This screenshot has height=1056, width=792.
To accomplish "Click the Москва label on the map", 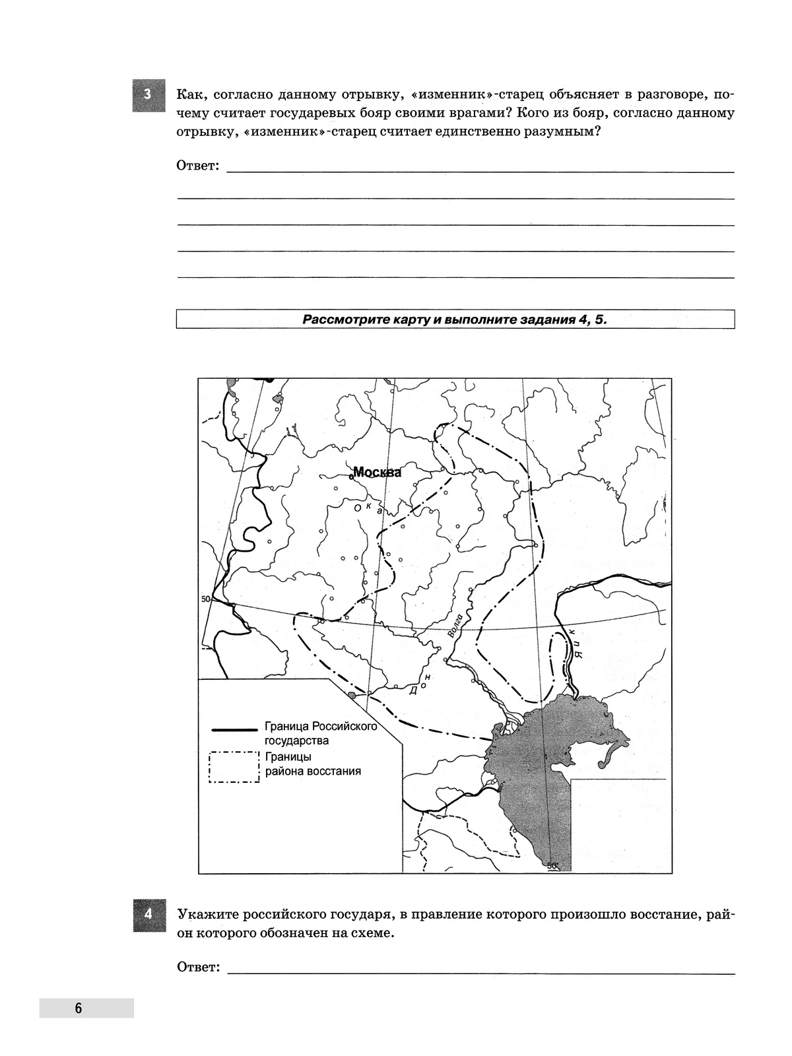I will (378, 472).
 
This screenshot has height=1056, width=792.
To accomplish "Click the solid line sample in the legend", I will (234, 729).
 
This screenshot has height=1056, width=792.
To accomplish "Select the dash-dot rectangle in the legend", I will (234, 767).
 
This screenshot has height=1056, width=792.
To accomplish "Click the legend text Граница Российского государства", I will (320, 733).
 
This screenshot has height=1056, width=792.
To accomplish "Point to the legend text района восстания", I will (313, 771).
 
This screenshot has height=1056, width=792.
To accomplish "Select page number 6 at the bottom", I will (79, 1008).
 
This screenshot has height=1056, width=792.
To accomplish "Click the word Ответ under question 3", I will (197, 165).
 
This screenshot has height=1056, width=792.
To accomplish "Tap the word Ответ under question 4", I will (197, 967).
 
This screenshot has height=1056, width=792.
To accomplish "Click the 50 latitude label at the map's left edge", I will (205, 599).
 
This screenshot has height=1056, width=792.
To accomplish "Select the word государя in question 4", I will (337, 915).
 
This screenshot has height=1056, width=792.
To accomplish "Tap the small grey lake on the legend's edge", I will (352, 695).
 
